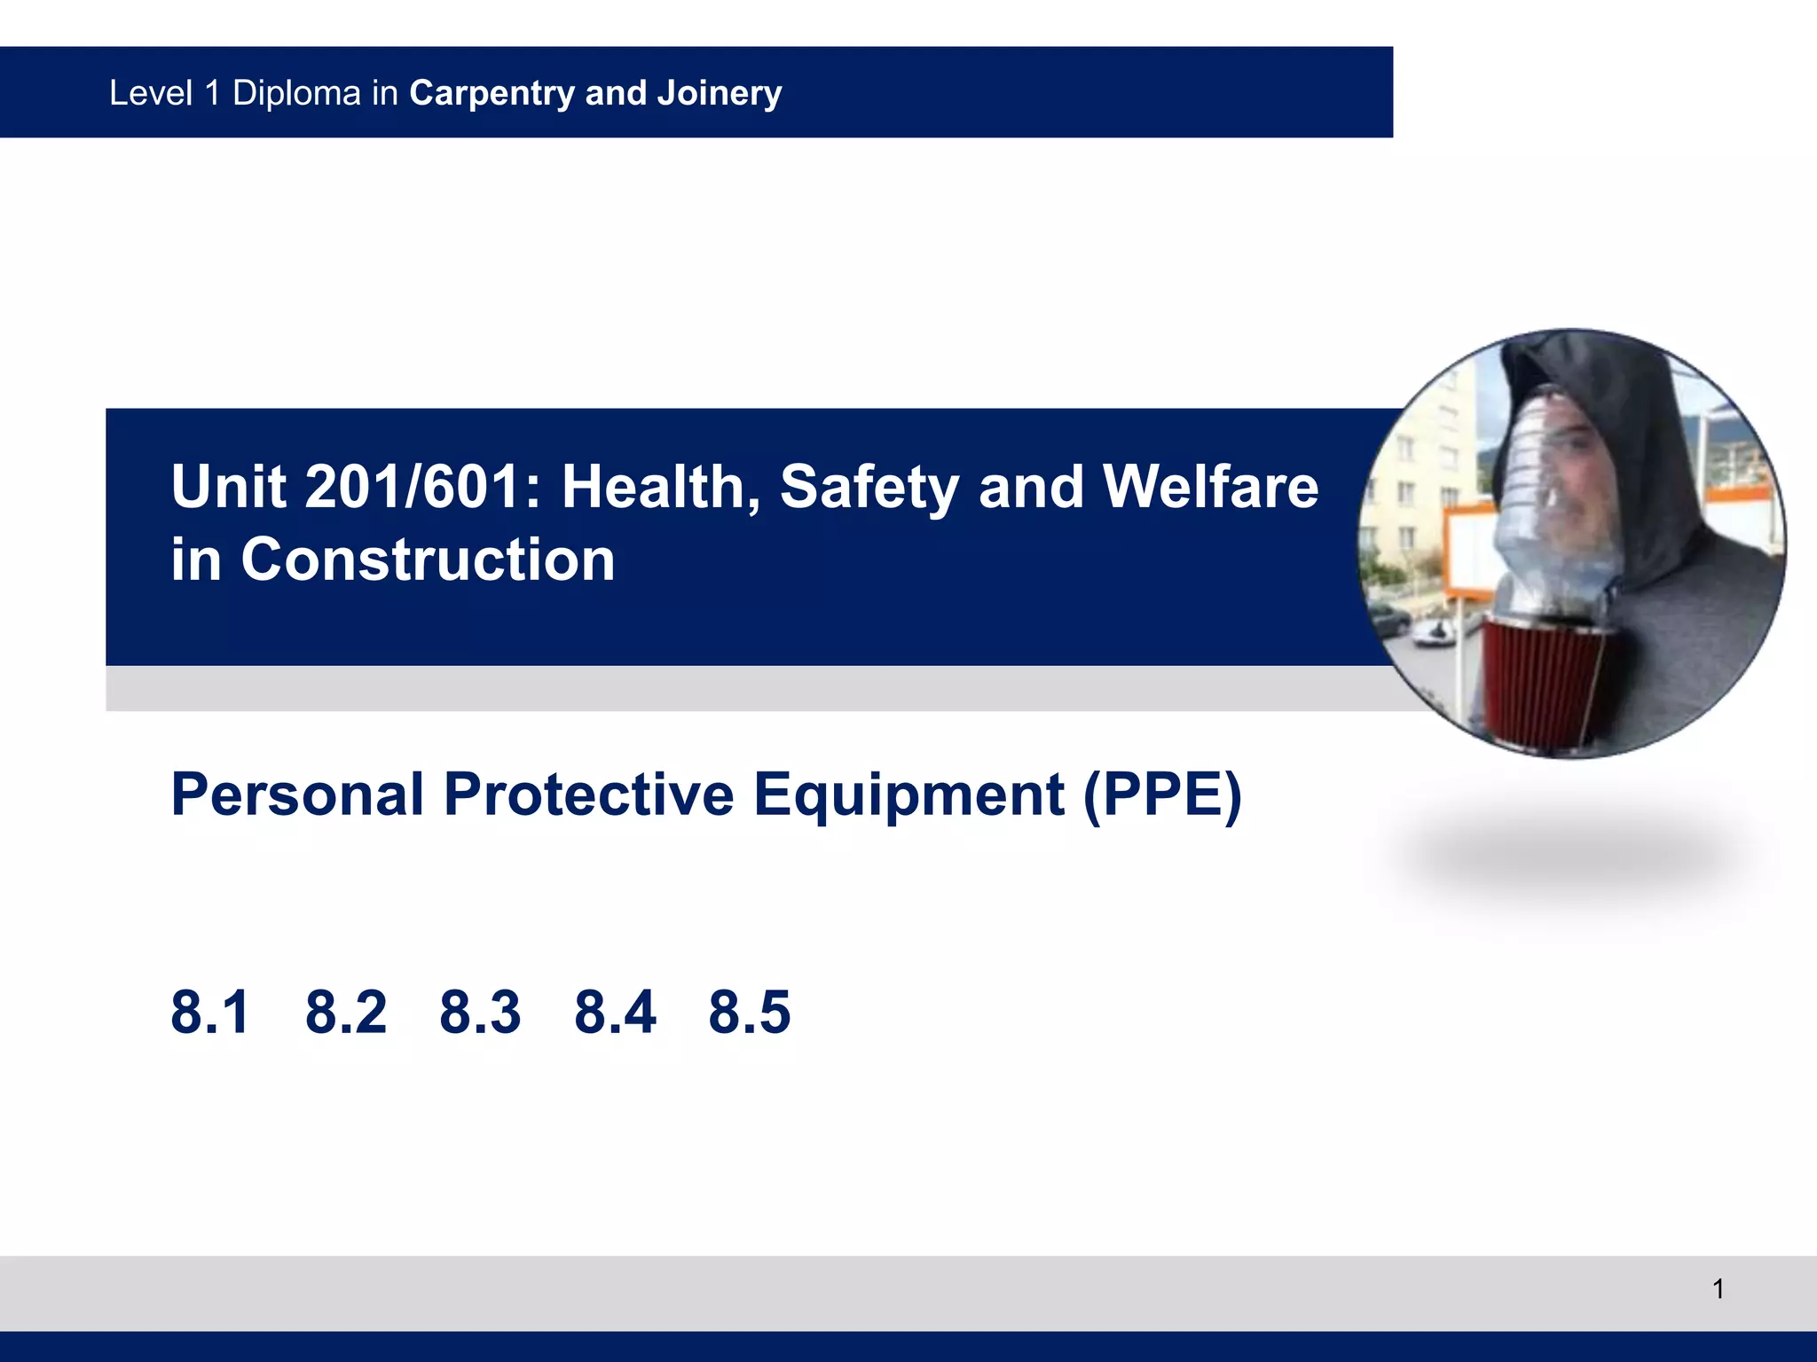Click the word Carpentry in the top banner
[492, 93]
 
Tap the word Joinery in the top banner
[719, 93]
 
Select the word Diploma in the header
[296, 93]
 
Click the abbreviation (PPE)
[1162, 795]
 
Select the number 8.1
[209, 1012]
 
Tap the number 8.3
[480, 1012]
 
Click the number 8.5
[749, 1012]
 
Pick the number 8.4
[615, 1012]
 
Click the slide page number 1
[1718, 1288]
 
